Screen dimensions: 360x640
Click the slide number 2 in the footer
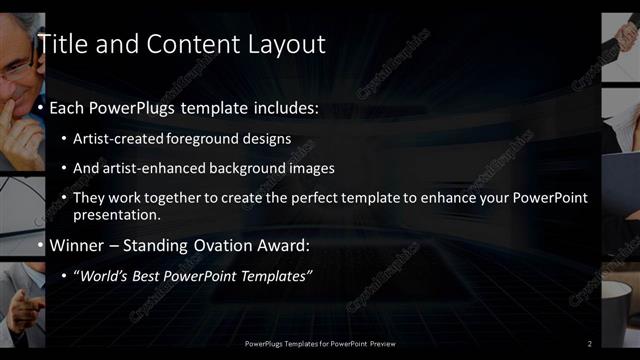[x=590, y=344]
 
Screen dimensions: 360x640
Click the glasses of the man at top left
[x=14, y=68]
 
